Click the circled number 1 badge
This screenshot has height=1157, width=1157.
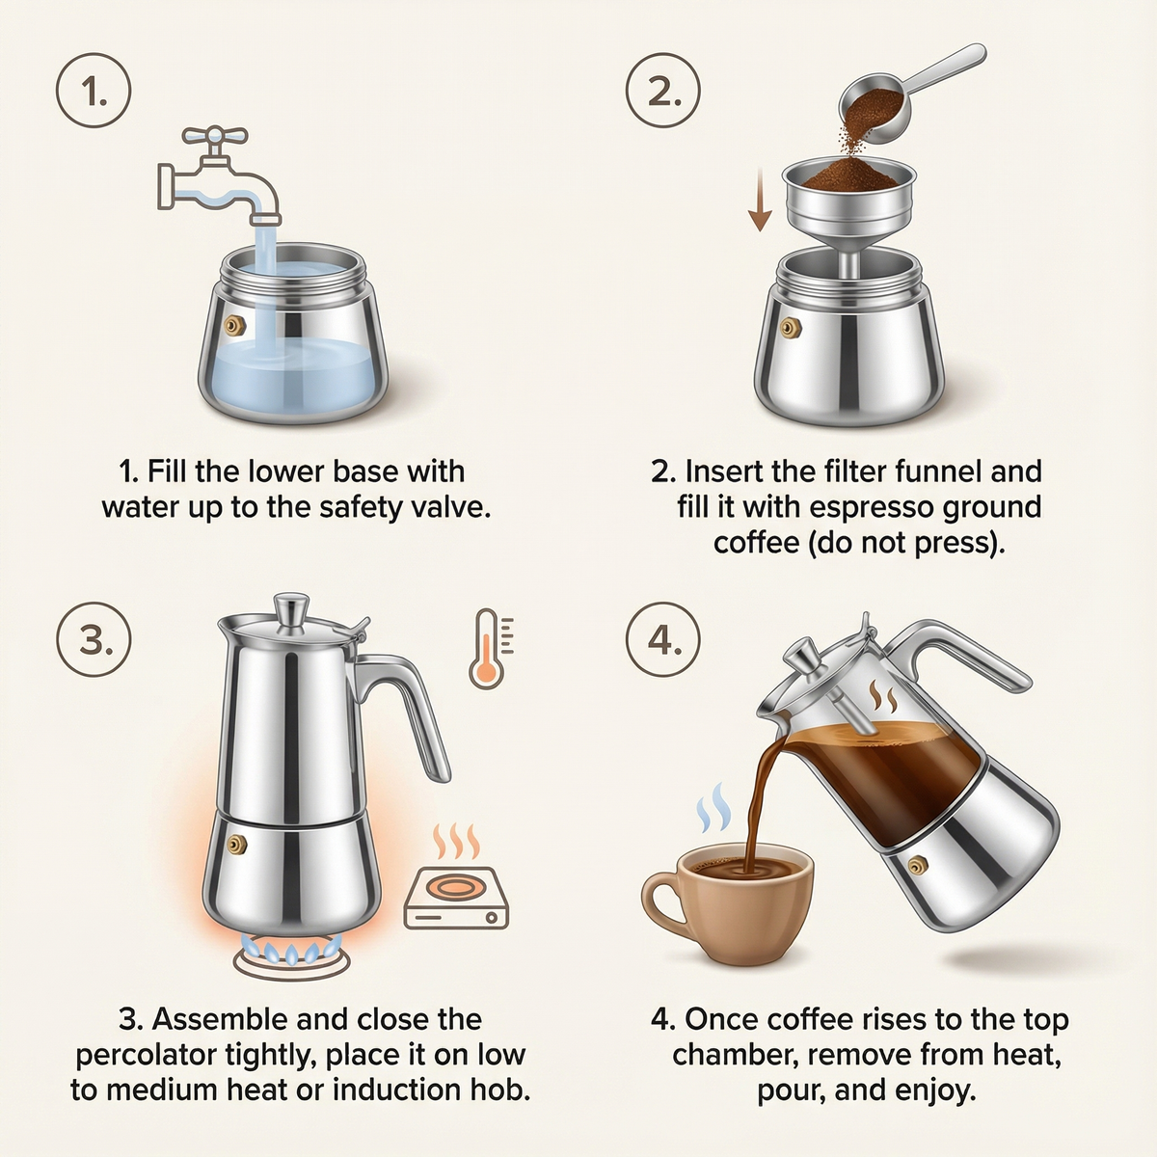94,93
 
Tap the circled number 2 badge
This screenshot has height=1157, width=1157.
663,93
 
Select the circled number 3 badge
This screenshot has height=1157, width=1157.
94,640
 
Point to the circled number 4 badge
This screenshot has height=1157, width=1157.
663,640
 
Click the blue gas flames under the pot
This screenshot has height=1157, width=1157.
289,953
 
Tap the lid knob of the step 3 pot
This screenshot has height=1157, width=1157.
290,609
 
